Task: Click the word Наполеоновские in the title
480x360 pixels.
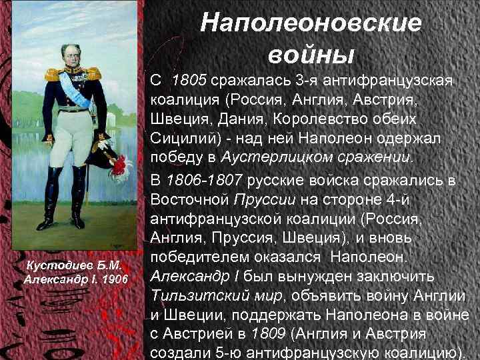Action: click(311, 23)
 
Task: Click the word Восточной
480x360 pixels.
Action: click(191, 199)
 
